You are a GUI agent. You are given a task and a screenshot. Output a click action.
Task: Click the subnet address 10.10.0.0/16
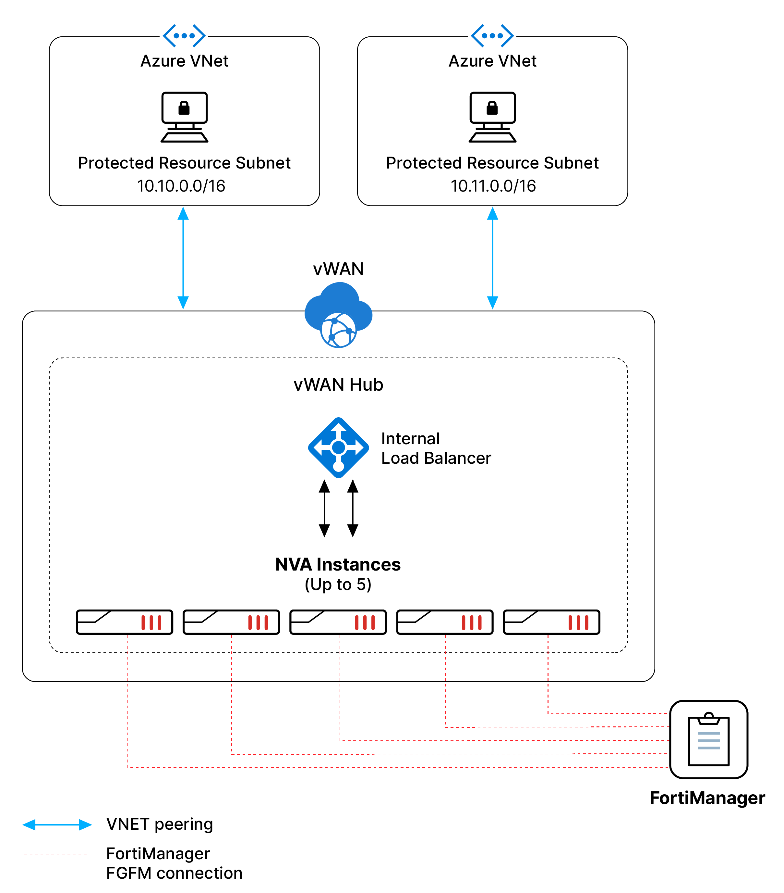point(181,186)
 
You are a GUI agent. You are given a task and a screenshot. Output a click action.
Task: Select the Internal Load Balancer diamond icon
point(338,447)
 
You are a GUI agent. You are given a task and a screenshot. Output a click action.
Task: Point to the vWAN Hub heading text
point(338,384)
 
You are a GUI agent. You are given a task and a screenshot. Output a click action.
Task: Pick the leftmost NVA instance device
point(125,622)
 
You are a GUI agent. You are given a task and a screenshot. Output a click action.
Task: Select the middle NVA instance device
point(338,622)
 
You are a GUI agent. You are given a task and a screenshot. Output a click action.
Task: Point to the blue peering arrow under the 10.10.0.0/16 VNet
point(183,258)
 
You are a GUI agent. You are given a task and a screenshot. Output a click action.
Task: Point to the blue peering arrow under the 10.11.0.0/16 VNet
point(492,258)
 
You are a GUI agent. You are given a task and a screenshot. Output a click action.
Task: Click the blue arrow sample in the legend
point(57,825)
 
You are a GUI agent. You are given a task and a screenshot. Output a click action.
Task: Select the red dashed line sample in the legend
point(55,854)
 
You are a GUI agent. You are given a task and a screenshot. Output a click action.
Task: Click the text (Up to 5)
point(338,585)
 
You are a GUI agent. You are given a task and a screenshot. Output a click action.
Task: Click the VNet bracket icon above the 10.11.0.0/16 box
point(492,35)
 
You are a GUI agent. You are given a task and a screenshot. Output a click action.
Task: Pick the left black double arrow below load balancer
point(324,508)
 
